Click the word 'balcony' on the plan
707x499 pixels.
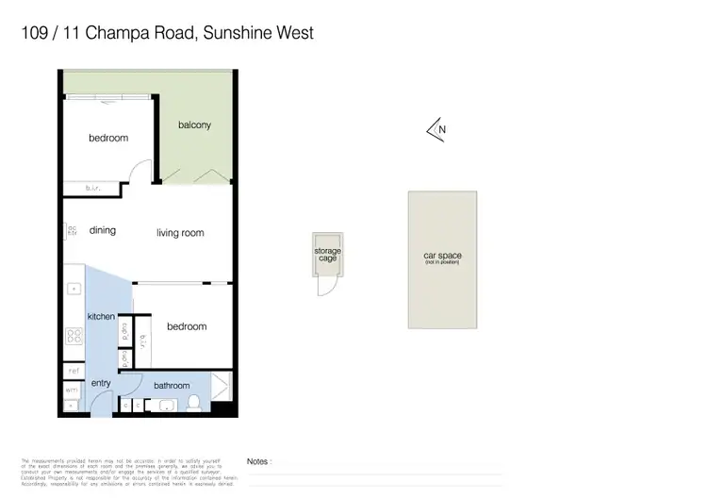point(194,125)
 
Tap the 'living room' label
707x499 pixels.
point(180,233)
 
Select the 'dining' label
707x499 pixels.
point(103,230)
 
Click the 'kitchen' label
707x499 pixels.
point(101,316)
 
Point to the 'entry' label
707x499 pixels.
point(101,383)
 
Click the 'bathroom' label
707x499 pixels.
point(172,385)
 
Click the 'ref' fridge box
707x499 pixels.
point(73,370)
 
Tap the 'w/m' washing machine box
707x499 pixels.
point(73,390)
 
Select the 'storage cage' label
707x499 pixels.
point(328,255)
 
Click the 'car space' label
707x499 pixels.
point(442,257)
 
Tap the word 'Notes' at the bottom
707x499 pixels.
point(257,461)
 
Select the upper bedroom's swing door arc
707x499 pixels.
point(141,173)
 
